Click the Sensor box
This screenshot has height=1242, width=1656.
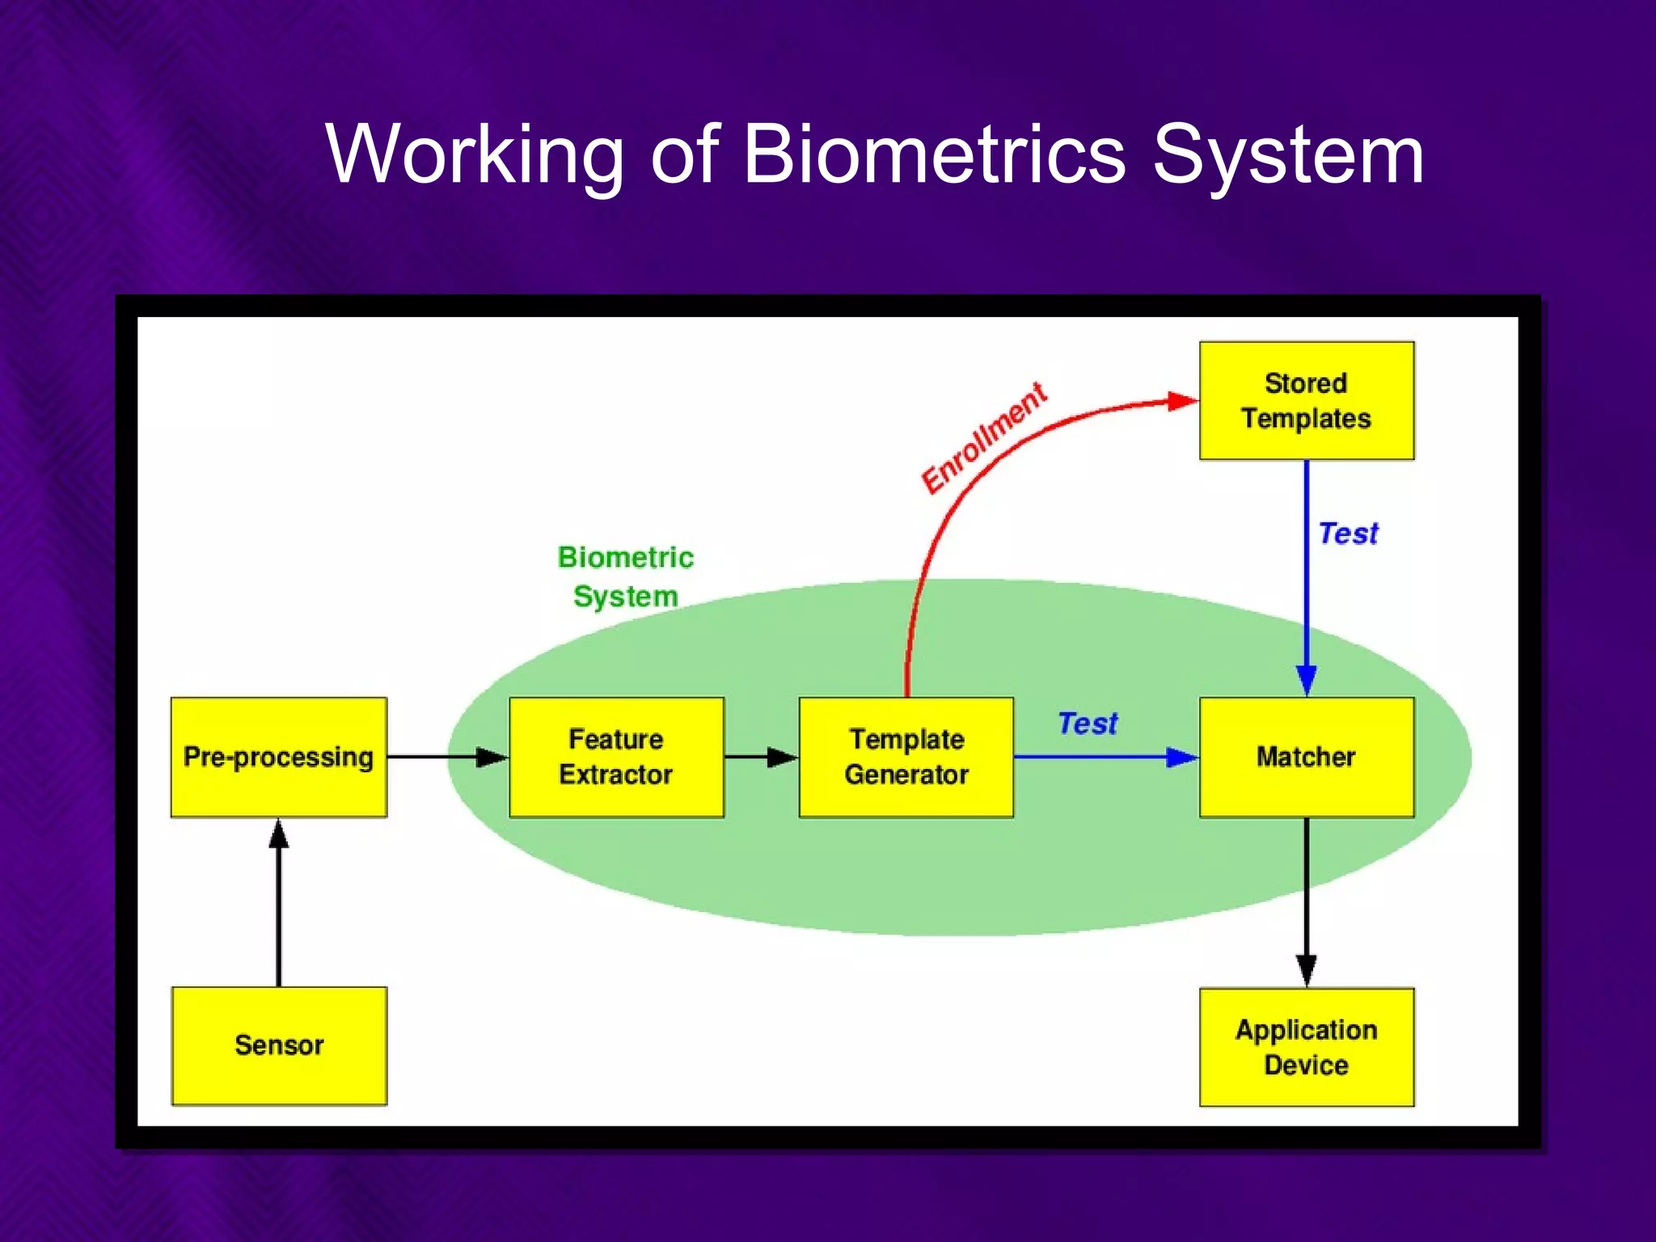point(279,1046)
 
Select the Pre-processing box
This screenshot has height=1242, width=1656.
point(279,757)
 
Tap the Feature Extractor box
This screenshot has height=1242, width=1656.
point(616,757)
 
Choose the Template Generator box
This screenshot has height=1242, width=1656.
point(906,757)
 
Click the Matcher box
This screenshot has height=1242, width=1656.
point(1306,757)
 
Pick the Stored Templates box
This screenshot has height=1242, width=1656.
point(1306,401)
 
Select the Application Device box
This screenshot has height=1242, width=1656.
point(1306,1047)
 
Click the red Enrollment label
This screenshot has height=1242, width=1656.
point(984,437)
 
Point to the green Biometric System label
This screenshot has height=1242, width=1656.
point(626,577)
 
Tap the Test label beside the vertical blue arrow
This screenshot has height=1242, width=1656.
point(1348,534)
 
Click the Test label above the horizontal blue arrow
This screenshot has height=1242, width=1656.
point(1088,723)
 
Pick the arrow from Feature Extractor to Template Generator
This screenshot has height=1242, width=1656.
point(760,757)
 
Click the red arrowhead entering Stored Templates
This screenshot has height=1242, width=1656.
point(1182,401)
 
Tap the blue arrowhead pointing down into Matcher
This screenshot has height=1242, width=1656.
point(1306,679)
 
